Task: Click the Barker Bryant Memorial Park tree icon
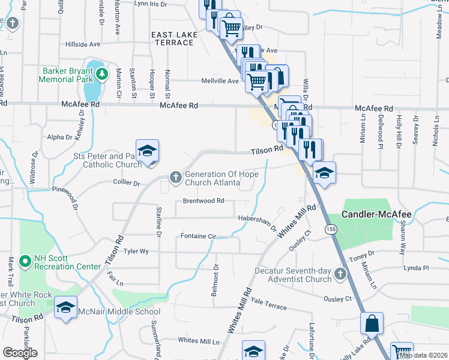(x=102, y=74)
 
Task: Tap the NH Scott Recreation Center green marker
(x=25, y=262)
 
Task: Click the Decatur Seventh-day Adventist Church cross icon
(x=340, y=275)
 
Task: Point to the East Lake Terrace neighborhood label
(x=174, y=39)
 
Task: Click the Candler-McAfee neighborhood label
(x=376, y=214)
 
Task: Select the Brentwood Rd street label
(x=203, y=201)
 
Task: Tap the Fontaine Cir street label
(x=198, y=236)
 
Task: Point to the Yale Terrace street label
(x=269, y=304)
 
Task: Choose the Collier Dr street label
(x=125, y=182)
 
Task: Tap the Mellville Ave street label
(x=220, y=80)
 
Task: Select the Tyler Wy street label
(x=136, y=251)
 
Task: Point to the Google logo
(x=20, y=353)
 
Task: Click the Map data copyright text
(x=423, y=355)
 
